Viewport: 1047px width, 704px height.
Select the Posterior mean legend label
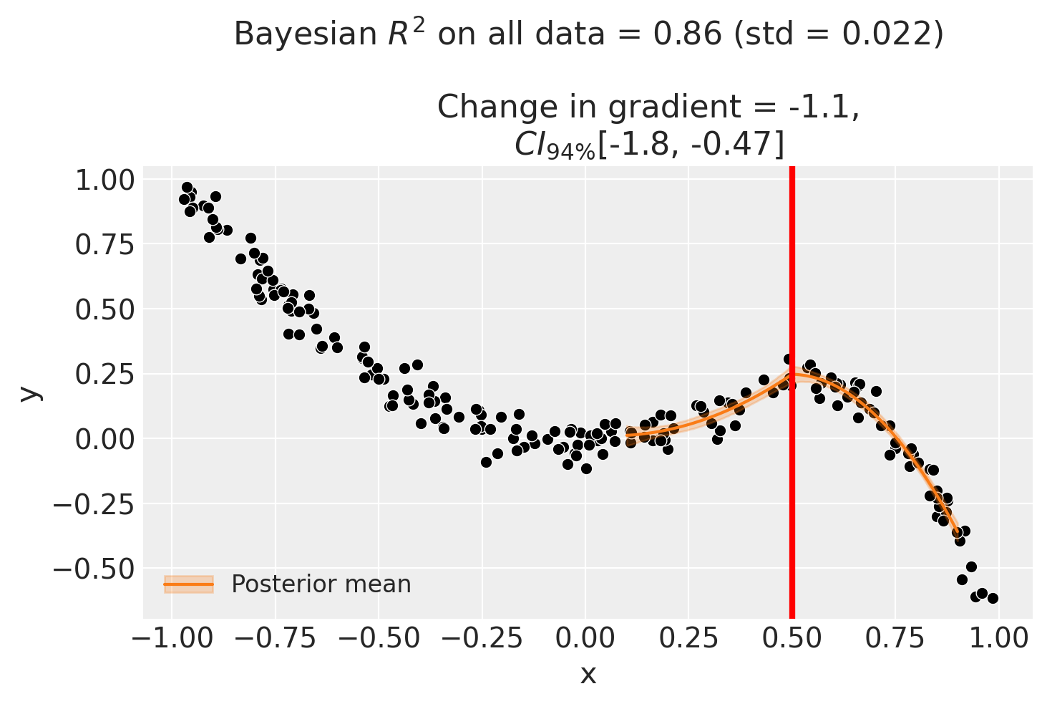click(x=321, y=584)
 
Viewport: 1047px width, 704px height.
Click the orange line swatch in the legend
click(x=189, y=584)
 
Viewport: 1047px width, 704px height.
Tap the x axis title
click(x=588, y=674)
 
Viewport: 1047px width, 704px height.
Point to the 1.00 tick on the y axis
click(x=104, y=180)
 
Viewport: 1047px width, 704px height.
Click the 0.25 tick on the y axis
click(x=104, y=374)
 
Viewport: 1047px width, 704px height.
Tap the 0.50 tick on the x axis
click(x=792, y=637)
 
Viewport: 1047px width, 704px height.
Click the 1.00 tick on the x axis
click(x=999, y=637)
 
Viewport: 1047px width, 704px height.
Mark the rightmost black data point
click(x=993, y=598)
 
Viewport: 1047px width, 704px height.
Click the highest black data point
click(x=187, y=188)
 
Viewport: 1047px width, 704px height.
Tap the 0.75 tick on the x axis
click(x=895, y=637)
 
